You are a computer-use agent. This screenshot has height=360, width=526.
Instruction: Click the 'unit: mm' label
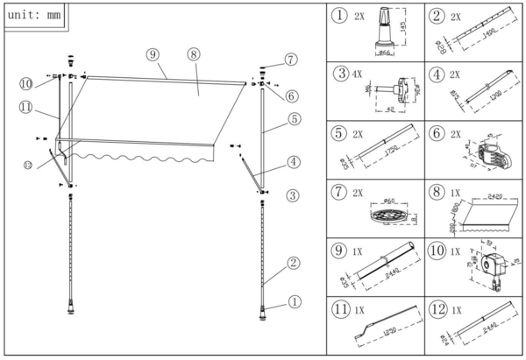click(x=36, y=16)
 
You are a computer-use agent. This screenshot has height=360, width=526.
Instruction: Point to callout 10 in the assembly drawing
click(x=26, y=83)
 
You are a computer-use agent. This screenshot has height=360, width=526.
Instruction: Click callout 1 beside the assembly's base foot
click(x=295, y=300)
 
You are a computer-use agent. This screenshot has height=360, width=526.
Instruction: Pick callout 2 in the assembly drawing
click(x=293, y=262)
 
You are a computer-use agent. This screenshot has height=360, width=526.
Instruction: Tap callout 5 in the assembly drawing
click(x=294, y=117)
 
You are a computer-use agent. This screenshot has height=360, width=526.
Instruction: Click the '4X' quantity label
click(x=358, y=76)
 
